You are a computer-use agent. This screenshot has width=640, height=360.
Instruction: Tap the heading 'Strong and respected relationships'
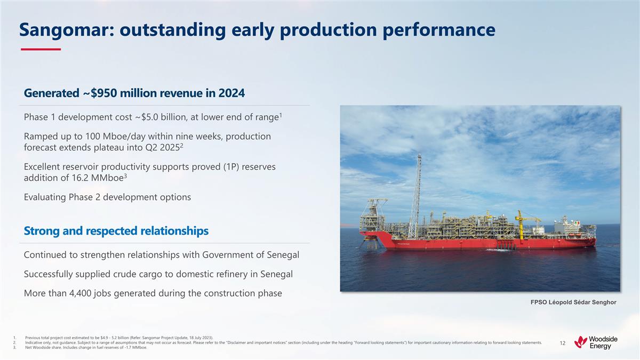(x=116, y=231)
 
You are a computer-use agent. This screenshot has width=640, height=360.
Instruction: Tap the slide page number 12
(x=562, y=343)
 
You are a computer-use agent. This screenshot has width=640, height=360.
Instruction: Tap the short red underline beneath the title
(x=41, y=49)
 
